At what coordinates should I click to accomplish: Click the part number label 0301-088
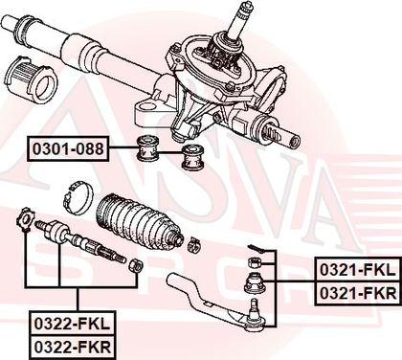pos(68,148)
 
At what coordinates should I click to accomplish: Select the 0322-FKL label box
pos(72,325)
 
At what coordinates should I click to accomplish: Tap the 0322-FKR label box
pos(72,348)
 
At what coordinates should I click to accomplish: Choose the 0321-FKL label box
pos(357,270)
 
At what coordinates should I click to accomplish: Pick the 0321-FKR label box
pos(357,293)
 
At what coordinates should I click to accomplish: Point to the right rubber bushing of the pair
pos(192,157)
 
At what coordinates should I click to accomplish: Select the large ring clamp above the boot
pos(78,199)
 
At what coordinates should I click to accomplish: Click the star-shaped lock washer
pos(25,218)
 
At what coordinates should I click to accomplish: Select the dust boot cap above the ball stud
pos(255,282)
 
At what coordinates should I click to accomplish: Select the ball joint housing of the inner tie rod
pos(57,232)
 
